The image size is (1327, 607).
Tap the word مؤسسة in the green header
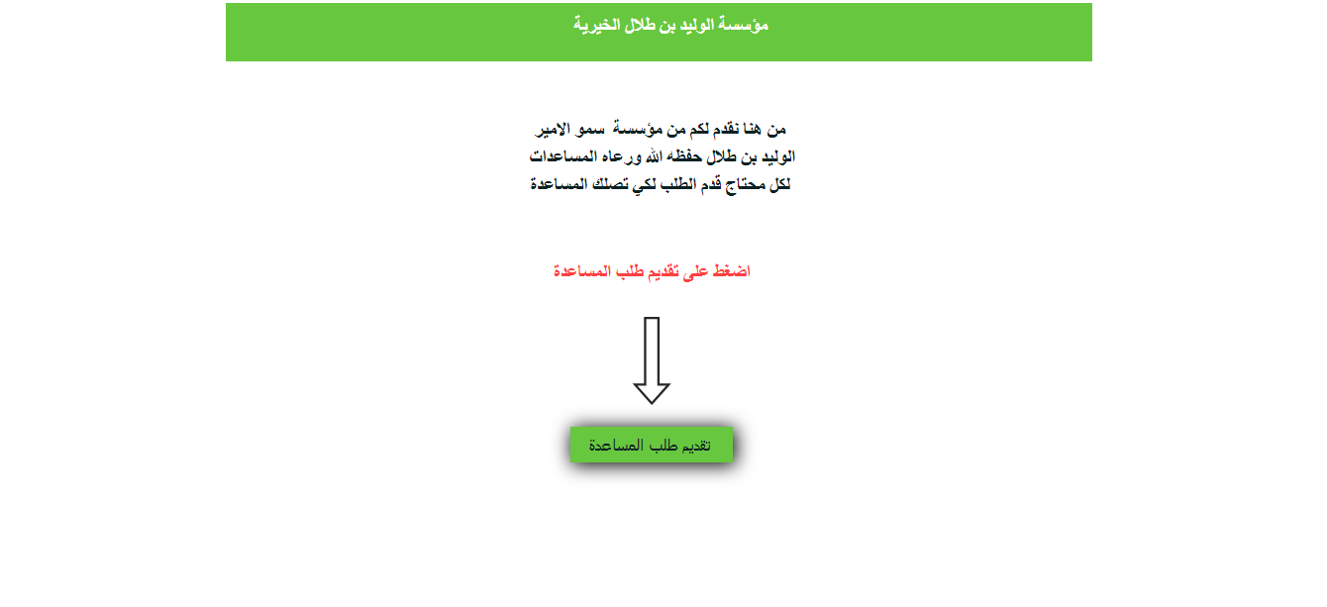[743, 25]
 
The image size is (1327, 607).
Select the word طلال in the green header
[640, 25]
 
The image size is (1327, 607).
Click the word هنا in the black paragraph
[753, 129]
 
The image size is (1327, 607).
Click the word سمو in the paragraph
[590, 129]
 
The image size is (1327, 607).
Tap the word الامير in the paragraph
[554, 129]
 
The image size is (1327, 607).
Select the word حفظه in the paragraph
[683, 156]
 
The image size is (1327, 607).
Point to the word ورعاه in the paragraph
[622, 157]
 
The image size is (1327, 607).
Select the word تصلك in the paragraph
[610, 184]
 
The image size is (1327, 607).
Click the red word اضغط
[731, 270]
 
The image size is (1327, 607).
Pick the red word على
[695, 271]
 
